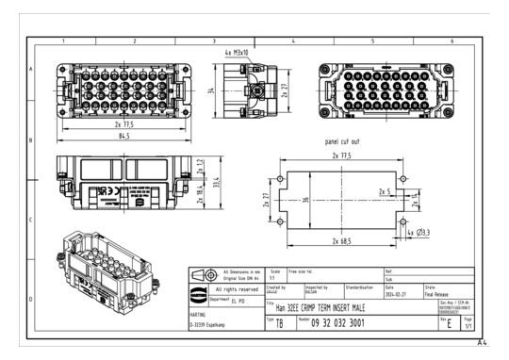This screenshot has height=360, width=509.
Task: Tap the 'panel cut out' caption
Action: (x=343, y=141)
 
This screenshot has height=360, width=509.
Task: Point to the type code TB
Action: (x=277, y=324)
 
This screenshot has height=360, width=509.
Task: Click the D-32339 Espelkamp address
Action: (x=209, y=324)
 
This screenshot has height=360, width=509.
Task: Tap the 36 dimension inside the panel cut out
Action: (x=306, y=200)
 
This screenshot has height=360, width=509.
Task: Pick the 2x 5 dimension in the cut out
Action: (x=384, y=192)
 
